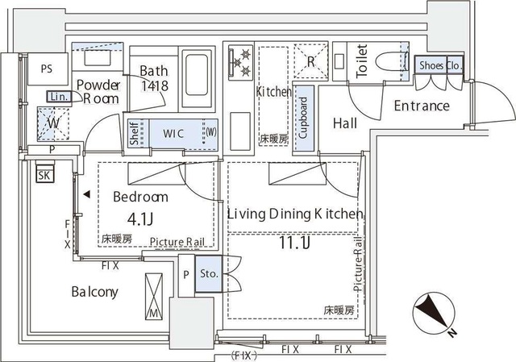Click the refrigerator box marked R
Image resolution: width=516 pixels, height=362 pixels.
click(309, 59)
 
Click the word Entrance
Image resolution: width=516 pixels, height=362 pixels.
click(421, 106)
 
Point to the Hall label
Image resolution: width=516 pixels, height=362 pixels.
click(345, 123)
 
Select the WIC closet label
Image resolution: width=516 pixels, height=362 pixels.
click(176, 133)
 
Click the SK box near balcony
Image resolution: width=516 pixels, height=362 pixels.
click(44, 174)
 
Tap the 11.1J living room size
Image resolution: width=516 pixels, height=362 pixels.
click(294, 241)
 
